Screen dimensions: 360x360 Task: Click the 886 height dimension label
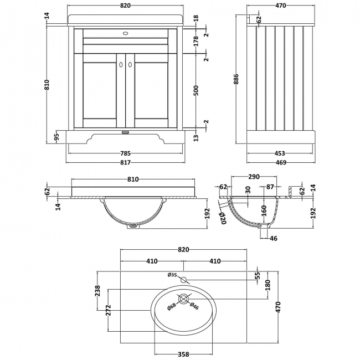click(236, 79)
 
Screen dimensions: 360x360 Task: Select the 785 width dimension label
click(125, 153)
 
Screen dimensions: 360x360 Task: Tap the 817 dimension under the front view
click(125, 162)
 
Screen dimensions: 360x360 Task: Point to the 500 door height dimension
click(196, 90)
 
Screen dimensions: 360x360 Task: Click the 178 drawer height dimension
click(196, 41)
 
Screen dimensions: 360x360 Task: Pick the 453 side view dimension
click(279, 153)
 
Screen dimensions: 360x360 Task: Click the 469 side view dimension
click(281, 162)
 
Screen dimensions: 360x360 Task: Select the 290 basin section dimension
click(254, 177)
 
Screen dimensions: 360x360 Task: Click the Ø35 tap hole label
click(172, 275)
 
